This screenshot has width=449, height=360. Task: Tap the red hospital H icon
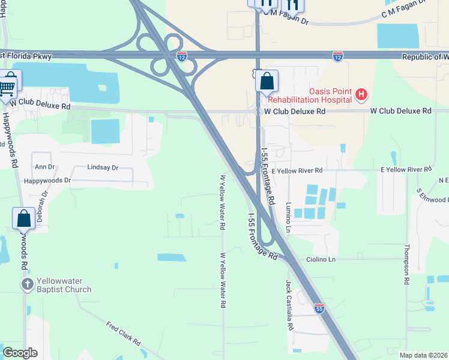click(x=361, y=94)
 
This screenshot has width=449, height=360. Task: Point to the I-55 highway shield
click(x=319, y=308)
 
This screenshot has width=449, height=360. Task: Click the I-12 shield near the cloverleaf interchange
click(x=182, y=56)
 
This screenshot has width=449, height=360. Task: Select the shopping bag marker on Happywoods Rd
click(x=23, y=218)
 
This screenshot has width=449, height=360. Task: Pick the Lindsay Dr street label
click(x=103, y=168)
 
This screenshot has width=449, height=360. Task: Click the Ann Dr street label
click(x=45, y=166)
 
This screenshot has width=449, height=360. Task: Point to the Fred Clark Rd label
click(x=123, y=333)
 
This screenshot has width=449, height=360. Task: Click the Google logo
click(x=20, y=353)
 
